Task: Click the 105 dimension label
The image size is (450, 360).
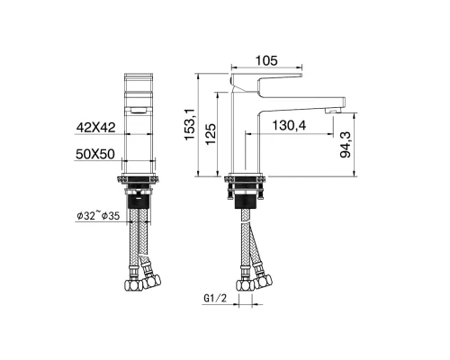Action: (266, 60)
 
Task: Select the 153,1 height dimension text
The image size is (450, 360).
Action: (190, 124)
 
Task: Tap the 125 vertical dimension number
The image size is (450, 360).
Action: (211, 133)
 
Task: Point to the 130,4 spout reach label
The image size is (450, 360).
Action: (289, 125)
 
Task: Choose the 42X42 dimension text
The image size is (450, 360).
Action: (95, 128)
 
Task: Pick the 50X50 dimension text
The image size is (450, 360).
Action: (95, 154)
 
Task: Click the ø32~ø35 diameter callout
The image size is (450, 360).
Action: (98, 215)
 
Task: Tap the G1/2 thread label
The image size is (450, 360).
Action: (215, 299)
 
